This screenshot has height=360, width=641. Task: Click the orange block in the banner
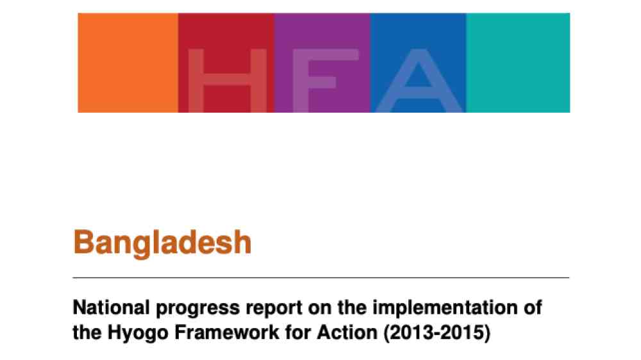128,63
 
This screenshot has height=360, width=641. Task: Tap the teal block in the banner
518,63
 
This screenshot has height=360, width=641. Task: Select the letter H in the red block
228,81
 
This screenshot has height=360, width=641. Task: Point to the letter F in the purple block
326,81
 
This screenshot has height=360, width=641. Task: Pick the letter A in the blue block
419,81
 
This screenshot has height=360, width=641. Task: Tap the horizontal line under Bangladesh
321,277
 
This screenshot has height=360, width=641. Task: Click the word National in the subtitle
111,307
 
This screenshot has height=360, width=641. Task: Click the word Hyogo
138,334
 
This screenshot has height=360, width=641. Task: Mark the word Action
347,332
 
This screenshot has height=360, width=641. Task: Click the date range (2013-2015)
437,333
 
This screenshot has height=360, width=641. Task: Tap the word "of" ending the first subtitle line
533,307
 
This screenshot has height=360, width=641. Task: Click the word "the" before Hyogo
87,332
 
